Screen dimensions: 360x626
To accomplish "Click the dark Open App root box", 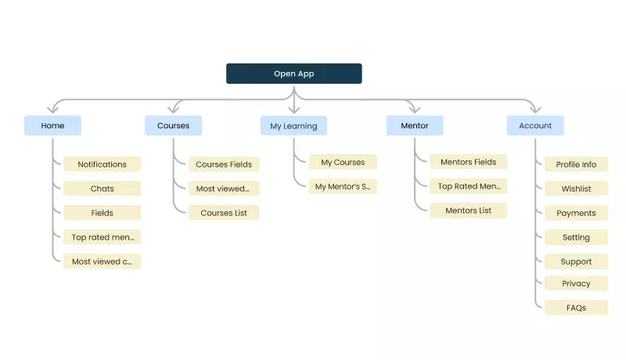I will pos(293,74).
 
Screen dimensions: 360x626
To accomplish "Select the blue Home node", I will pos(53,125).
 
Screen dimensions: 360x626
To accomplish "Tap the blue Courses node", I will pos(173,125).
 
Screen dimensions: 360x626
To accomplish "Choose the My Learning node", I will pos(293,125).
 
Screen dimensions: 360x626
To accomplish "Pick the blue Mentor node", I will pos(415,125).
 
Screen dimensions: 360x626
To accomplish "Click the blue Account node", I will pos(535,125).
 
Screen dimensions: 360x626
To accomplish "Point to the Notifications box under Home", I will pos(102,164).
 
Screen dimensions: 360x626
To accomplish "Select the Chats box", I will pos(102,189).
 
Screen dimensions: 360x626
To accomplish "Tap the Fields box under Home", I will pos(102,213).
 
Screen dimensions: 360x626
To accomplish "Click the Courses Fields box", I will pos(224,164).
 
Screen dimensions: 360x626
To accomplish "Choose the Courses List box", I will pos(224,213).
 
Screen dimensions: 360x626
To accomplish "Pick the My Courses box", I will pos(343,162).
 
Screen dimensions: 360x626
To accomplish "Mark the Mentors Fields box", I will pos(468,162).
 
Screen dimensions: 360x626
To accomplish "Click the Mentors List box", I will pos(468,211).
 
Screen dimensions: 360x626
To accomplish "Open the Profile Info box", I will pos(576,164).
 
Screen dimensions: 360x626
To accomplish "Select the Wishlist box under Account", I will pos(576,189).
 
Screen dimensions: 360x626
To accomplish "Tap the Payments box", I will pos(576,213).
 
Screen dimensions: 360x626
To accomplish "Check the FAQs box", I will pos(576,308).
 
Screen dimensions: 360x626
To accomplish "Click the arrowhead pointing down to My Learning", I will pos(294,110).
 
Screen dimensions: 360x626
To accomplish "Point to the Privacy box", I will pos(576,283).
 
